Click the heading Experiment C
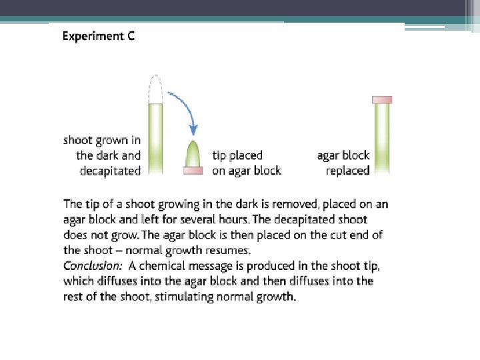pos(98,36)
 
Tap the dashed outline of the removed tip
pos(155,89)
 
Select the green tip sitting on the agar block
pos(192,155)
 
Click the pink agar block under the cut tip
pos(192,171)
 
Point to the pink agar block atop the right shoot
pos(382,100)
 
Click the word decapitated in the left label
pos(110,171)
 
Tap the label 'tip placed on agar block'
pos(246,163)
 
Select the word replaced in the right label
pos(347,171)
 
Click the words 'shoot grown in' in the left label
pos(102,140)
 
